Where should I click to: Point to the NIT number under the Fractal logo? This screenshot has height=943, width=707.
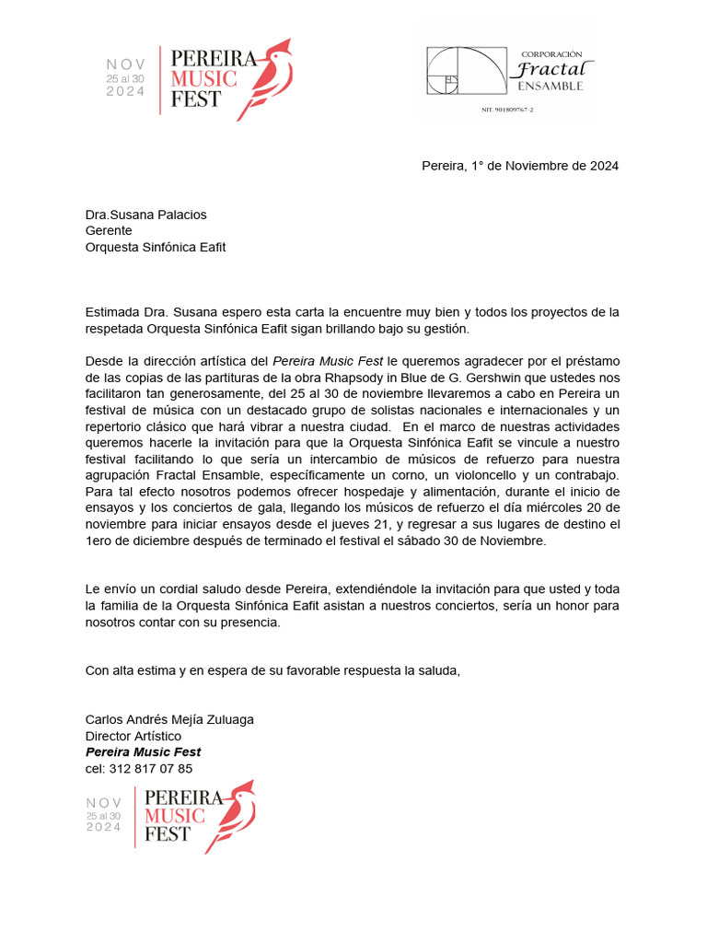click(x=507, y=110)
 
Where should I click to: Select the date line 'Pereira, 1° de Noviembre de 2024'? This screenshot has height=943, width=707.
click(x=520, y=167)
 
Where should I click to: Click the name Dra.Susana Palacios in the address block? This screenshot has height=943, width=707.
click(x=146, y=215)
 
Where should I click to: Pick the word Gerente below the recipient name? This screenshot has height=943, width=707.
click(x=109, y=231)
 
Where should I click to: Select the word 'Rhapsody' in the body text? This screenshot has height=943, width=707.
click(x=342, y=378)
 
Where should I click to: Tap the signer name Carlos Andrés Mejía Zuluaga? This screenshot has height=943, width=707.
click(x=169, y=719)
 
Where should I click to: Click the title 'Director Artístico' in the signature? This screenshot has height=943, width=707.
click(x=133, y=736)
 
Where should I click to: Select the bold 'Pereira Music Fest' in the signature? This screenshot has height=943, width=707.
click(x=143, y=752)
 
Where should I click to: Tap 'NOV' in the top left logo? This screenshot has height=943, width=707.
click(x=126, y=64)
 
